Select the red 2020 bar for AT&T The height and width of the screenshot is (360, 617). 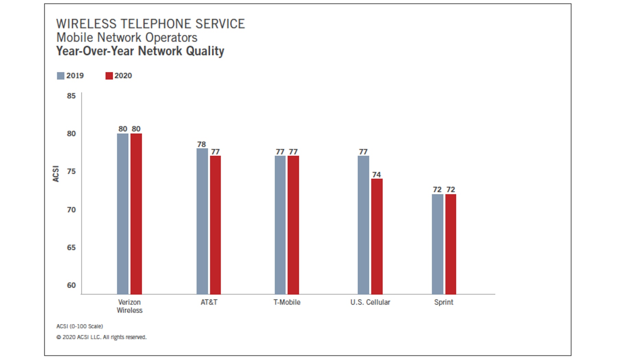[x=215, y=225]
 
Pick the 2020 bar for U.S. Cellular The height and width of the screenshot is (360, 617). [x=377, y=236]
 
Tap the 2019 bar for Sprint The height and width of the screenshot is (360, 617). [x=437, y=244]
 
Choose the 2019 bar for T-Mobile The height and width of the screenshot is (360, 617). [x=280, y=225]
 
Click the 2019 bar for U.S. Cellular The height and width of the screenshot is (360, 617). [x=363, y=225]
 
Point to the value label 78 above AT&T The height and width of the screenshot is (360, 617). [x=202, y=144]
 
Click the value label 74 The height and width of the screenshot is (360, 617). [x=377, y=175]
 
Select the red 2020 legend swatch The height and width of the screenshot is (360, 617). [x=109, y=76]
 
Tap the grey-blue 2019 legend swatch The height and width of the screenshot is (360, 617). [x=61, y=76]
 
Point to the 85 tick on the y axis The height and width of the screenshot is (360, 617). [x=71, y=96]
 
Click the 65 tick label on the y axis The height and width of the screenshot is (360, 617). [x=71, y=248]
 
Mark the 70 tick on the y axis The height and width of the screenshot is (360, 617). [x=71, y=209]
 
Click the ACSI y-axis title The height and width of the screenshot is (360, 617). [x=56, y=173]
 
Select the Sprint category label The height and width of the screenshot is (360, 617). [x=444, y=302]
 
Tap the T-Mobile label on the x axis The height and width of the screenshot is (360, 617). [x=287, y=302]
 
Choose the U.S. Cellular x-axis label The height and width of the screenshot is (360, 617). [x=370, y=302]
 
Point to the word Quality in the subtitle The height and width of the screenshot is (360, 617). [x=205, y=51]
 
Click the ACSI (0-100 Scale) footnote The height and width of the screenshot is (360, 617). [x=80, y=326]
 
